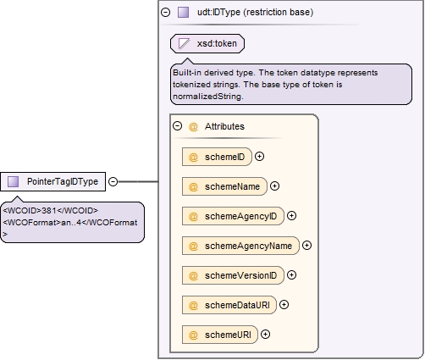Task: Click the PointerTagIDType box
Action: click(52, 181)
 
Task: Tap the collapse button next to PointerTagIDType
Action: click(113, 181)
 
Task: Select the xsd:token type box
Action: click(207, 43)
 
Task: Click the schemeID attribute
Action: click(217, 157)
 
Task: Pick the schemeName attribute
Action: click(224, 186)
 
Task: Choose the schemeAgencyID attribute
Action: click(233, 216)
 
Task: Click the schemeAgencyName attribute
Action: click(240, 246)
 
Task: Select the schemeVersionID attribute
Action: click(233, 275)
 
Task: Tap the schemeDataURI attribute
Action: click(229, 305)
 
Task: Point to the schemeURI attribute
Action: click(220, 335)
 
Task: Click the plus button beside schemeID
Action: click(259, 157)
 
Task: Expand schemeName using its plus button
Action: click(274, 186)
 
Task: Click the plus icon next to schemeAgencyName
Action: click(306, 246)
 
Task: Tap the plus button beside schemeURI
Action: click(265, 335)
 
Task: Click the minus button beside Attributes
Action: click(177, 126)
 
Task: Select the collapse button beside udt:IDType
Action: click(165, 12)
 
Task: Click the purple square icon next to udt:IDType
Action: click(183, 13)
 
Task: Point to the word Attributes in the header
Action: click(224, 126)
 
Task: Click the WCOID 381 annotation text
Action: click(51, 211)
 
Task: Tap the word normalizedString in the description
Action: click(207, 97)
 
